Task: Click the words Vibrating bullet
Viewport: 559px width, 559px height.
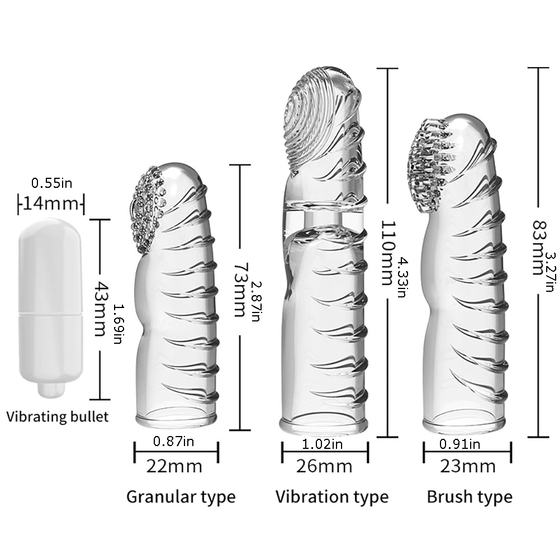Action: pos(58,416)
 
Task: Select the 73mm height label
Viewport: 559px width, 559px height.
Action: pos(238,291)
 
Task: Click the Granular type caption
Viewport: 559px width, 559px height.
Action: pos(181,496)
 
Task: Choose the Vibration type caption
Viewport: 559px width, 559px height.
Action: pos(331,496)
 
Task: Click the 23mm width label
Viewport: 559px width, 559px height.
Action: pos(467,466)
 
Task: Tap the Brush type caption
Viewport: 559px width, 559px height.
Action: pos(469,496)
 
